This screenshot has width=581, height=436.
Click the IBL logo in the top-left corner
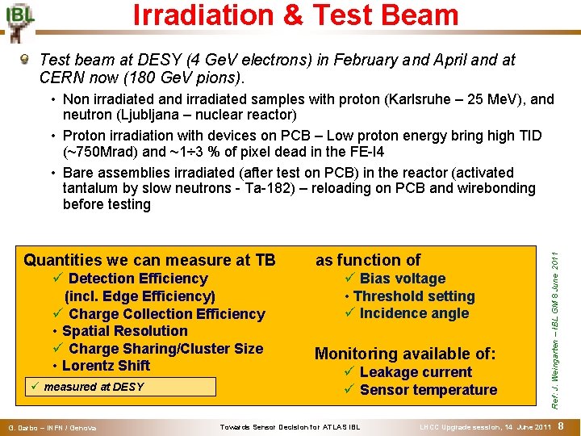click(x=19, y=20)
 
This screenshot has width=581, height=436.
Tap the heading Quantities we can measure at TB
click(x=149, y=260)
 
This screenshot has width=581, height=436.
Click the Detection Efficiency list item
click(x=137, y=279)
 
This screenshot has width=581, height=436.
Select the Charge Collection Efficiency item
click(x=166, y=314)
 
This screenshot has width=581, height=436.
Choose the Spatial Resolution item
click(x=124, y=331)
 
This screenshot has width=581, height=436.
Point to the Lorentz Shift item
click(x=106, y=366)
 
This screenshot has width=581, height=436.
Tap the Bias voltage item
click(x=402, y=279)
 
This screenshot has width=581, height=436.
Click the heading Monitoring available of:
click(x=404, y=354)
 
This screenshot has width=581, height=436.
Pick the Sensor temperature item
click(x=428, y=390)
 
